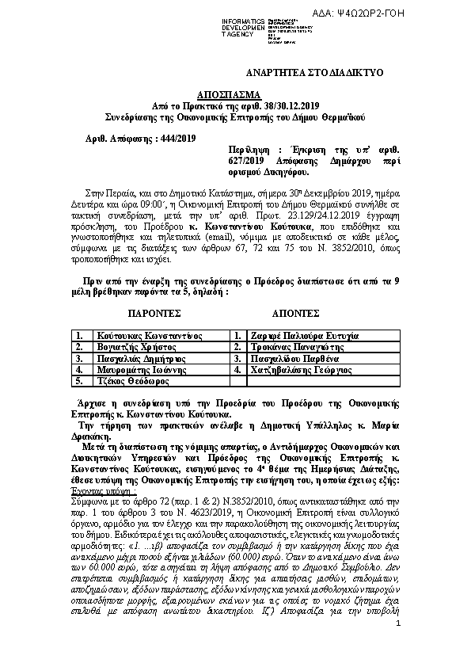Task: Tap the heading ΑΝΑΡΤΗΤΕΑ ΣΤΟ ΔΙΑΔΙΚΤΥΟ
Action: point(303,73)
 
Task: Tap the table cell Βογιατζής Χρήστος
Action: point(127,347)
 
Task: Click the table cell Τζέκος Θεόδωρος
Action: point(125,380)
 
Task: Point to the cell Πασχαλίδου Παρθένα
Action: point(295,358)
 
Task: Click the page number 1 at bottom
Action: point(398,648)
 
